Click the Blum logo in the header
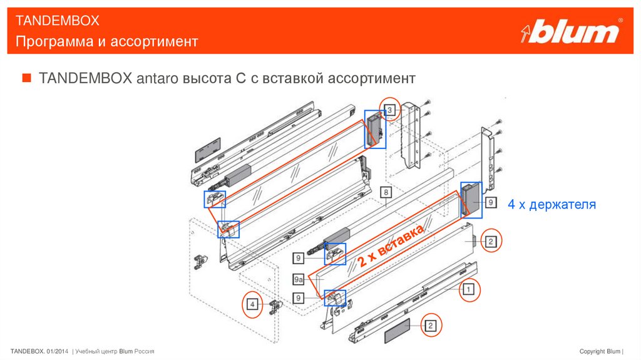click(x=572, y=32)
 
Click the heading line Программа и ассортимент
click(x=107, y=41)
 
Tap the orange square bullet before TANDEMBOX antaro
click(x=26, y=79)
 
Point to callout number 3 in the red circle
click(x=391, y=111)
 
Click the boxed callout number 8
click(x=387, y=192)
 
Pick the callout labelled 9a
click(x=299, y=279)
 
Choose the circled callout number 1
click(x=467, y=289)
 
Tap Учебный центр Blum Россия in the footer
click(x=115, y=351)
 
